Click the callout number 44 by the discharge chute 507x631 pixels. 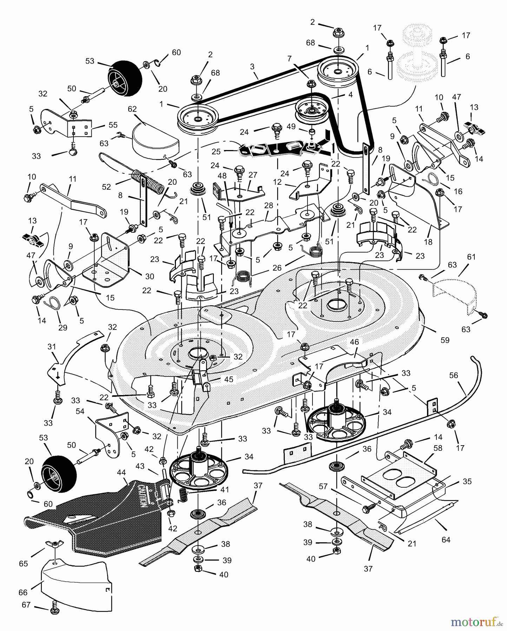121,473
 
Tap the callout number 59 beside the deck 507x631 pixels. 445,340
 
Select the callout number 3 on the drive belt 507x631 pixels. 252,67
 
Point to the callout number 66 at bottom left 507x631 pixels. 23,592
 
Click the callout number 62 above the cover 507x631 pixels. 132,109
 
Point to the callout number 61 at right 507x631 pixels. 471,257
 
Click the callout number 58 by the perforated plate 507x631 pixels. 438,448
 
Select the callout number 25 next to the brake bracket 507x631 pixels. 216,151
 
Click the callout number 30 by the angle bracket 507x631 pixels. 150,276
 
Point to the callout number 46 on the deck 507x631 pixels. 354,342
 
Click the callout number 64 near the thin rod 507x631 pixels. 446,540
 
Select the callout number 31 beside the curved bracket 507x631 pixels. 52,347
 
